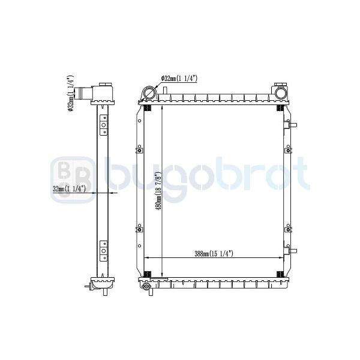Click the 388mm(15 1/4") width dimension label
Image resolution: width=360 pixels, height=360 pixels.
pyautogui.click(x=214, y=254)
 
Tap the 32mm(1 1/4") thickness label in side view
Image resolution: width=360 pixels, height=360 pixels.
pyautogui.click(x=69, y=189)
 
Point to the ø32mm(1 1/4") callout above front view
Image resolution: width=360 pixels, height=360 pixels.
pyautogui.click(x=179, y=79)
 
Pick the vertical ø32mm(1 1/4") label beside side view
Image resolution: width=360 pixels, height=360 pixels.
pyautogui.click(x=71, y=93)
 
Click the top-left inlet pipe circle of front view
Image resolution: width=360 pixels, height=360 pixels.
pyautogui.click(x=149, y=93)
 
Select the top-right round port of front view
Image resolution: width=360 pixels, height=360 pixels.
pyautogui.click(x=280, y=93)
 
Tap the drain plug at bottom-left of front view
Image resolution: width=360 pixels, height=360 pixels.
pyautogui.click(x=146, y=287)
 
